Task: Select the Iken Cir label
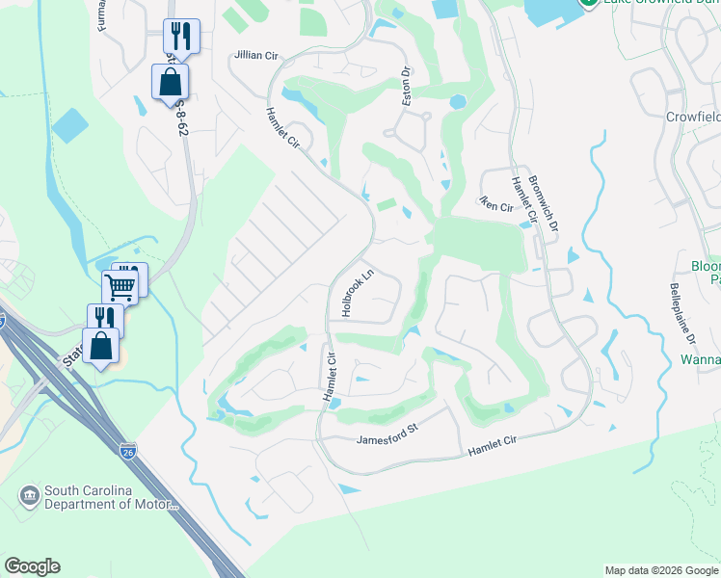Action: point(496,204)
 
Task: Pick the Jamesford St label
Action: point(384,439)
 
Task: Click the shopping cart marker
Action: point(120,285)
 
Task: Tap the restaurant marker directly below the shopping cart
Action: point(104,319)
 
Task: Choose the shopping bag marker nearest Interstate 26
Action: point(100,345)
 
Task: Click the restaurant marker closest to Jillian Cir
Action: point(179,36)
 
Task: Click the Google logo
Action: point(32,566)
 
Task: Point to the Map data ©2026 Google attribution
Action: point(660,570)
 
